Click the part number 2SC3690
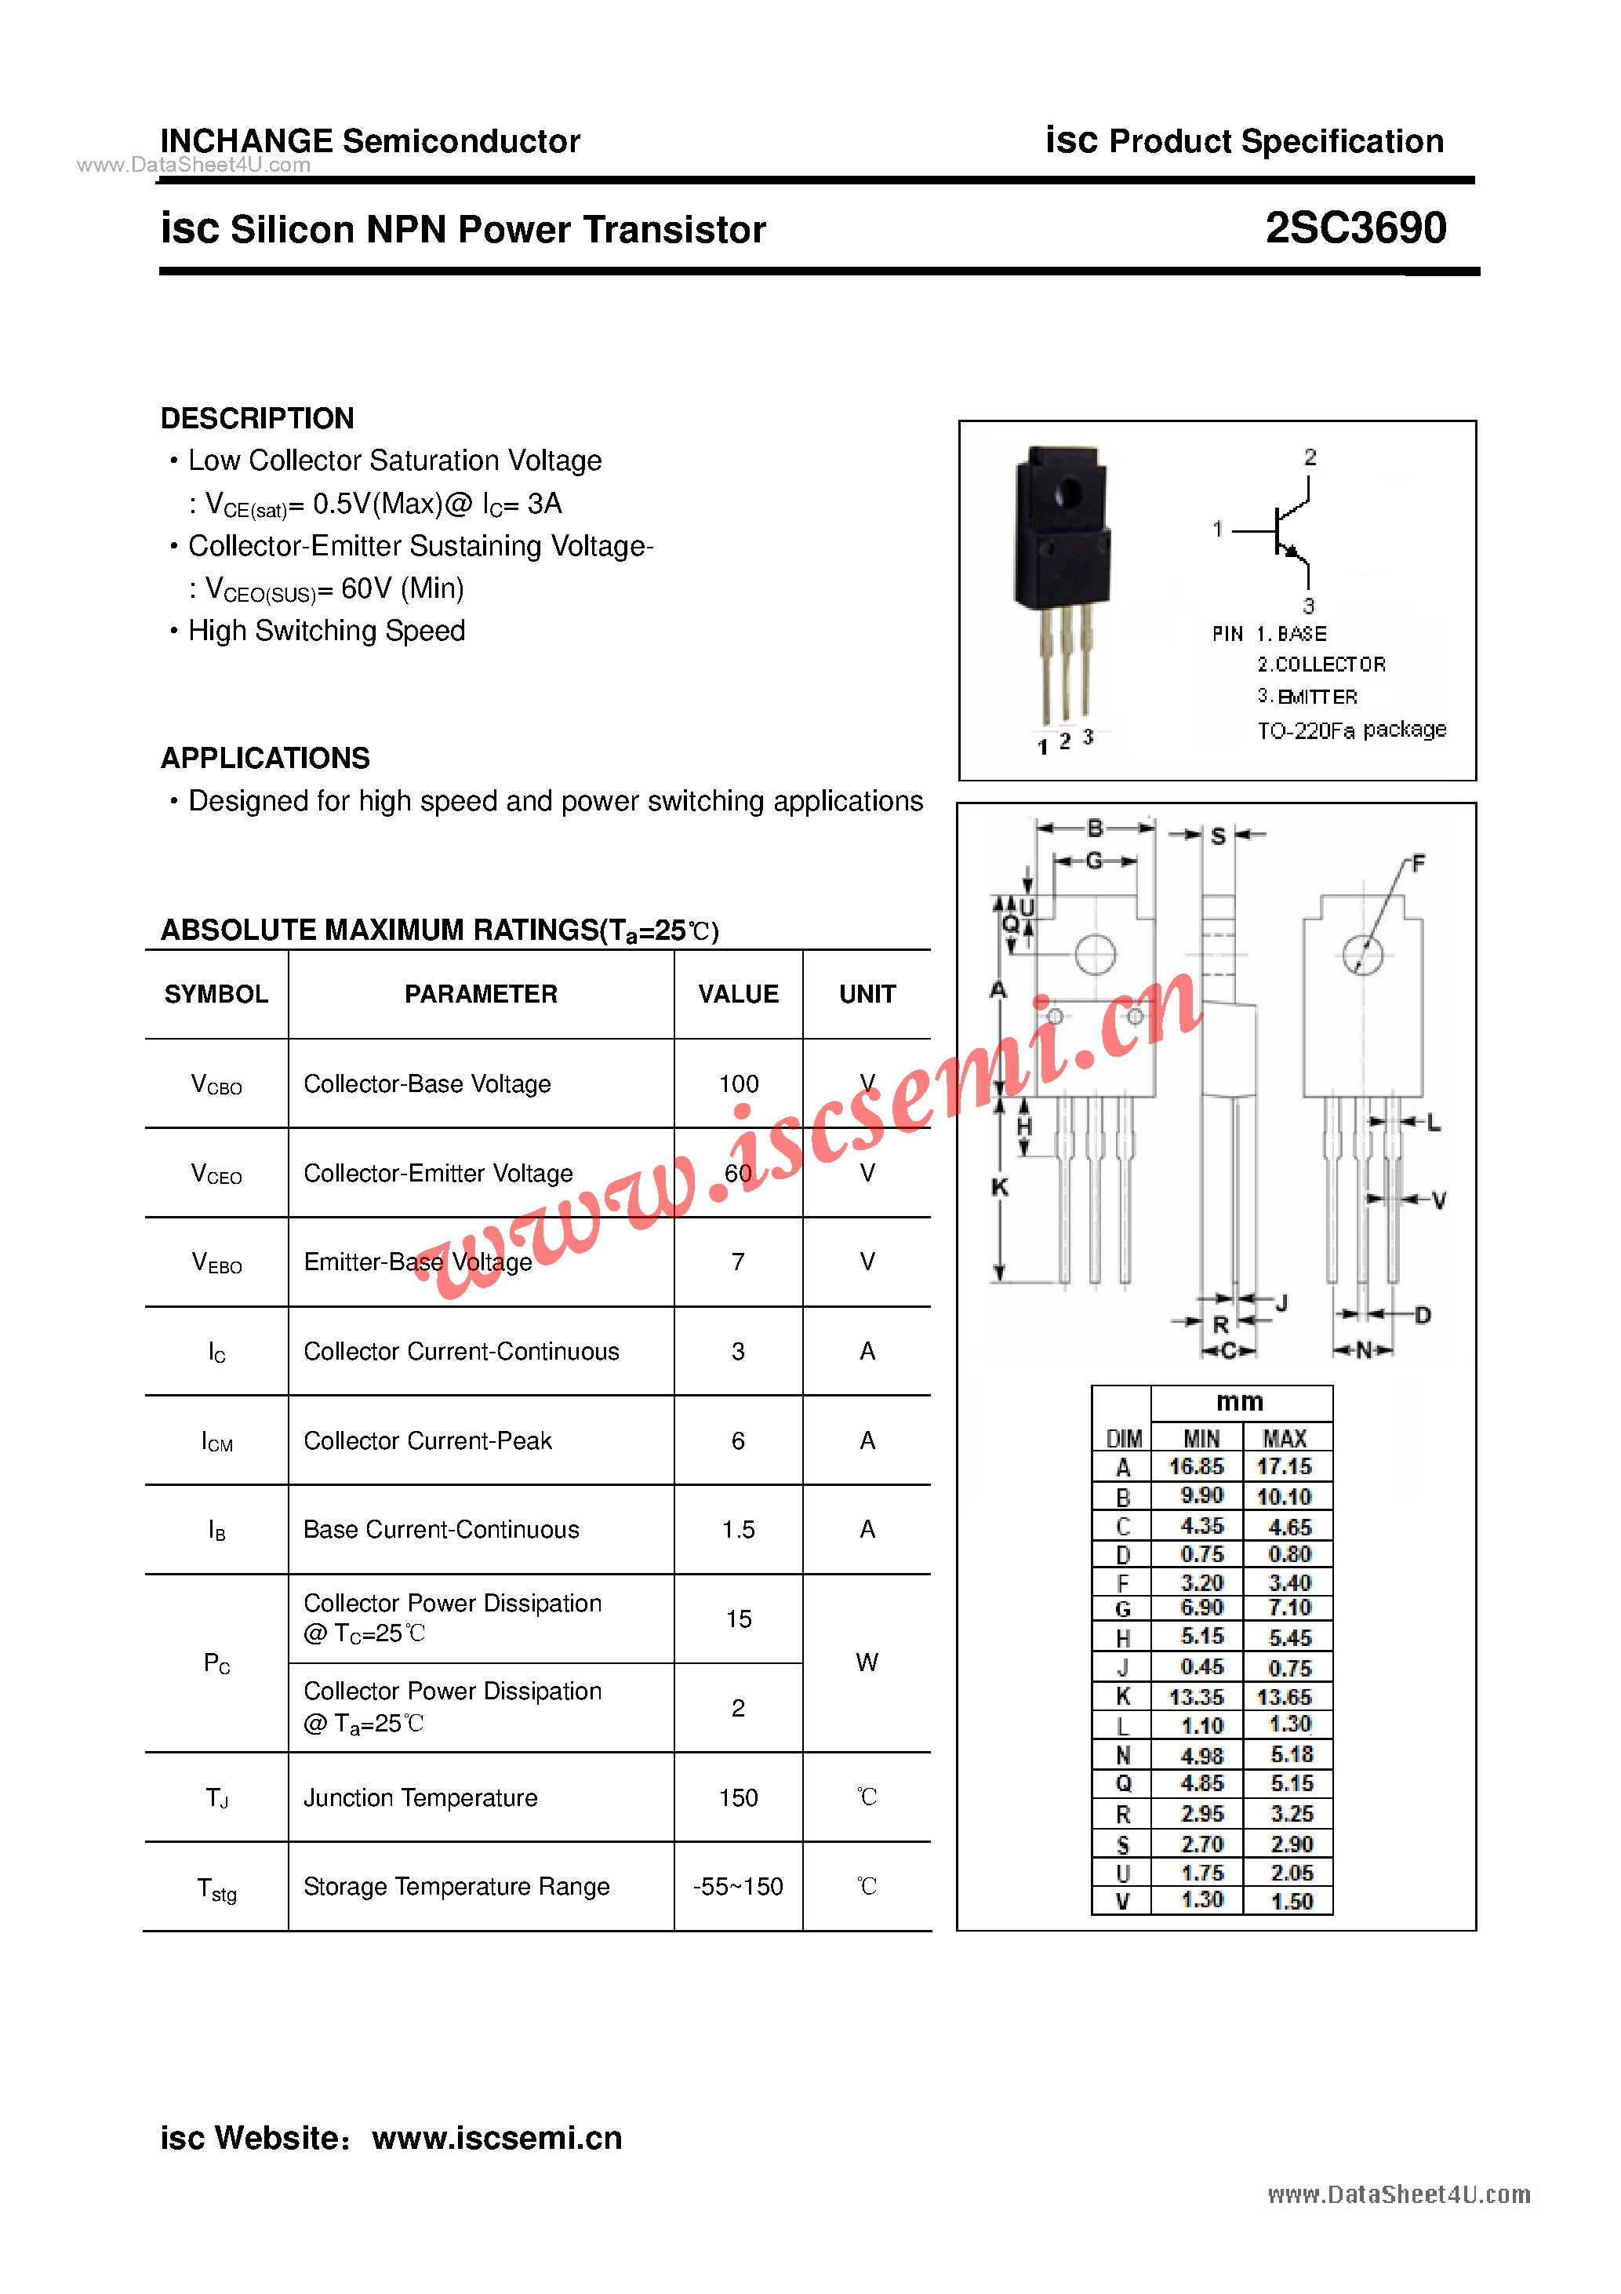[1354, 228]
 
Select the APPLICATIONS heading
[264, 759]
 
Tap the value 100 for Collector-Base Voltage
[738, 1084]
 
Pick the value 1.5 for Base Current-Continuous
[738, 1530]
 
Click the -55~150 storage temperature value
[738, 1886]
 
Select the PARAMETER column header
[481, 994]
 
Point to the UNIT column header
[867, 994]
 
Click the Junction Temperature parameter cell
[420, 1797]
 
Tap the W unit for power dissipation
[867, 1662]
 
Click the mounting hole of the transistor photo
[1067, 492]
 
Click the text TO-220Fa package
[1351, 730]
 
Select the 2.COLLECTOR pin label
[1321, 665]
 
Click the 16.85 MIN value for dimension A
[1197, 1467]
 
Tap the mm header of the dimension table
[1239, 1402]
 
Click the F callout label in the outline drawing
[1418, 863]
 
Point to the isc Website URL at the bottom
[496, 2137]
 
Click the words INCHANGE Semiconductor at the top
[369, 141]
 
